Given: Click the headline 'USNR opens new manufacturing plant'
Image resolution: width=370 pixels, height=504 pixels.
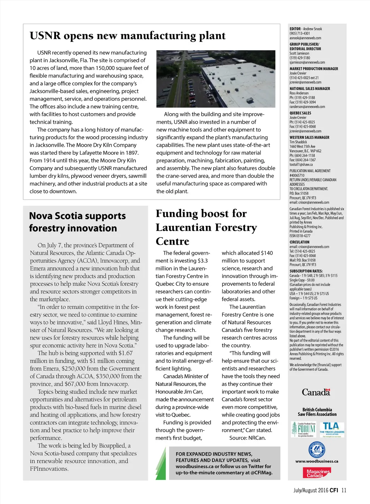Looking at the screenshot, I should [127, 36].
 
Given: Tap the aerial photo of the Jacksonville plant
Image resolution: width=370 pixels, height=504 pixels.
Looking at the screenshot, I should [216, 79].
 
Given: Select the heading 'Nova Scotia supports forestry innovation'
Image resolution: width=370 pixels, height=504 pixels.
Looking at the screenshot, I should [77, 222].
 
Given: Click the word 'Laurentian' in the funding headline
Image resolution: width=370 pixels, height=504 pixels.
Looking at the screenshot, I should [187, 228].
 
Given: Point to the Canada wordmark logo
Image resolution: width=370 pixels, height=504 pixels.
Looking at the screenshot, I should [316, 392].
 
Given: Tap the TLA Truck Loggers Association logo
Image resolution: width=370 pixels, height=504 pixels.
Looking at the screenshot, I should [332, 430].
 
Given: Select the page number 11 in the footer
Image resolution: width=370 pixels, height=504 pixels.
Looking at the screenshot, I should [344, 491].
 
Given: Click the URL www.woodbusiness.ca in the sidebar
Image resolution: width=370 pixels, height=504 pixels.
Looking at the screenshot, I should [317, 461].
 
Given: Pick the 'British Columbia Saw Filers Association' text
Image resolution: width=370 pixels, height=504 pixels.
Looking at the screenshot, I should [317, 412].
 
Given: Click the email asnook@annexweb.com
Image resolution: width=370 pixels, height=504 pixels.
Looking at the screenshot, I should [305, 38].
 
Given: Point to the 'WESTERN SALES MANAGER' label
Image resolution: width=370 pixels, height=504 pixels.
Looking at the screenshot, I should [309, 137].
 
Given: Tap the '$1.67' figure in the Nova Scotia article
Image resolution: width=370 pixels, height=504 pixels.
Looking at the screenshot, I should [125, 353].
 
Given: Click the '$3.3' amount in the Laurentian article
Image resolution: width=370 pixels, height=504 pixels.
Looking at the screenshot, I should [202, 261].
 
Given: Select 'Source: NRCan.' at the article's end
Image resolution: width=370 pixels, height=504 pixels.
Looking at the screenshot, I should [247, 438].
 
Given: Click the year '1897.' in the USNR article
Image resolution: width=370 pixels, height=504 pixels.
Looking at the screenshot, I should [131, 153].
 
